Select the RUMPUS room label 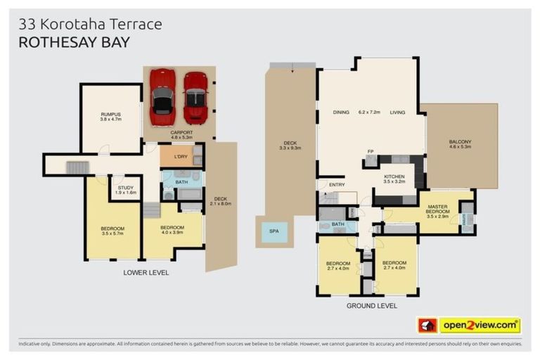110,115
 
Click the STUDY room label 125,188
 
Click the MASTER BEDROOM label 438,210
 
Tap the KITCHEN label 396,176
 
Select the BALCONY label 461,143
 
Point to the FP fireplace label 370,151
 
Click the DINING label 341,112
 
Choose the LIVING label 399,112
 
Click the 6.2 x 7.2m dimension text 369,112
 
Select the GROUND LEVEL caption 371,306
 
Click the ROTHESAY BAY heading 74,42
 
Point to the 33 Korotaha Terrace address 90,24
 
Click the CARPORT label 181,131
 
